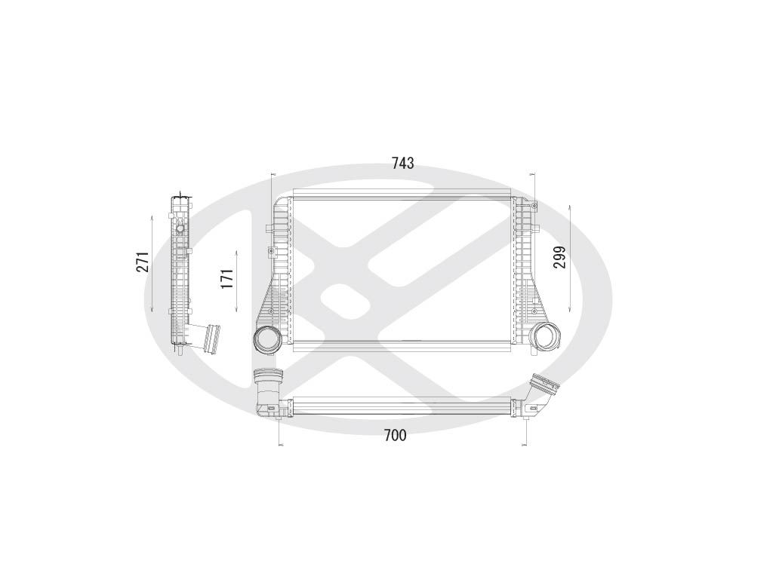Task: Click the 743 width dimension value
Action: [402, 164]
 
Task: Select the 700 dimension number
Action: [395, 435]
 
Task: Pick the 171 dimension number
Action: [226, 278]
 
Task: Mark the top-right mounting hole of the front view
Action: [534, 206]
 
